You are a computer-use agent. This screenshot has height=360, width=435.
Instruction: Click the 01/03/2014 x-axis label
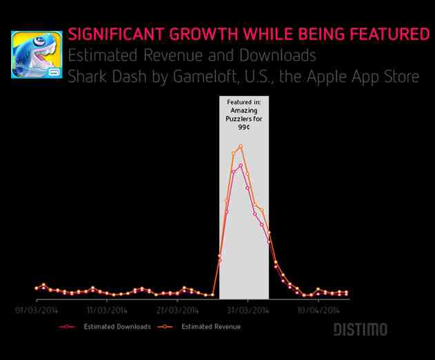[x=37, y=310]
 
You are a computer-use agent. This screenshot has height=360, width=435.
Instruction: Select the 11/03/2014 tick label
[x=107, y=310]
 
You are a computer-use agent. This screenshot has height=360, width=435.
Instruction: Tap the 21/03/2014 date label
[x=177, y=310]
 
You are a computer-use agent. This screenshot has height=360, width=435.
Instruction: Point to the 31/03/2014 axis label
[x=247, y=310]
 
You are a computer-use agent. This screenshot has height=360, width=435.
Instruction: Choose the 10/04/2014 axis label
[x=318, y=310]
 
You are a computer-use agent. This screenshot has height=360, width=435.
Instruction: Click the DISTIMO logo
[x=361, y=330]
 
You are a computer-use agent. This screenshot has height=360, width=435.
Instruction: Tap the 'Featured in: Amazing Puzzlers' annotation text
[x=244, y=110]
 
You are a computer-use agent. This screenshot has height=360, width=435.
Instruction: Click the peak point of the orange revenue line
[x=241, y=146]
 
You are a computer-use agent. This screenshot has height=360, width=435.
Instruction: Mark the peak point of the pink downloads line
[x=241, y=165]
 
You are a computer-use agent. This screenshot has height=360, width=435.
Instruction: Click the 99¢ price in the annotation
[x=244, y=128]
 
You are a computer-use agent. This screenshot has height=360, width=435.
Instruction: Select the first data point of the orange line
[x=37, y=287]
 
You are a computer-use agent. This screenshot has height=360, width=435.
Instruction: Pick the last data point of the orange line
[x=346, y=292]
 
